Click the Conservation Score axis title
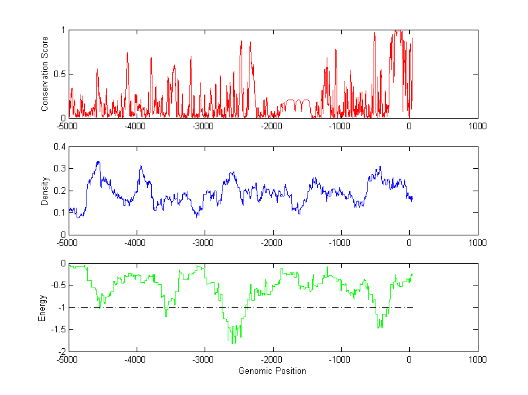click(46, 74)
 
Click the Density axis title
click(46, 191)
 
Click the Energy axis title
click(42, 307)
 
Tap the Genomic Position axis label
click(272, 371)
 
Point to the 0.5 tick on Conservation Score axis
click(60, 74)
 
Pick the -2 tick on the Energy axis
click(61, 351)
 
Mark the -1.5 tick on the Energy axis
click(59, 329)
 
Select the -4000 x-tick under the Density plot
click(135, 243)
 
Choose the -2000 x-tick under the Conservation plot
click(271, 126)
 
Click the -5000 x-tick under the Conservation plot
click(67, 126)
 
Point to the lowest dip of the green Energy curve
click(232, 344)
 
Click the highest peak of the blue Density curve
click(98, 161)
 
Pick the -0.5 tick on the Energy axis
click(59, 285)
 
